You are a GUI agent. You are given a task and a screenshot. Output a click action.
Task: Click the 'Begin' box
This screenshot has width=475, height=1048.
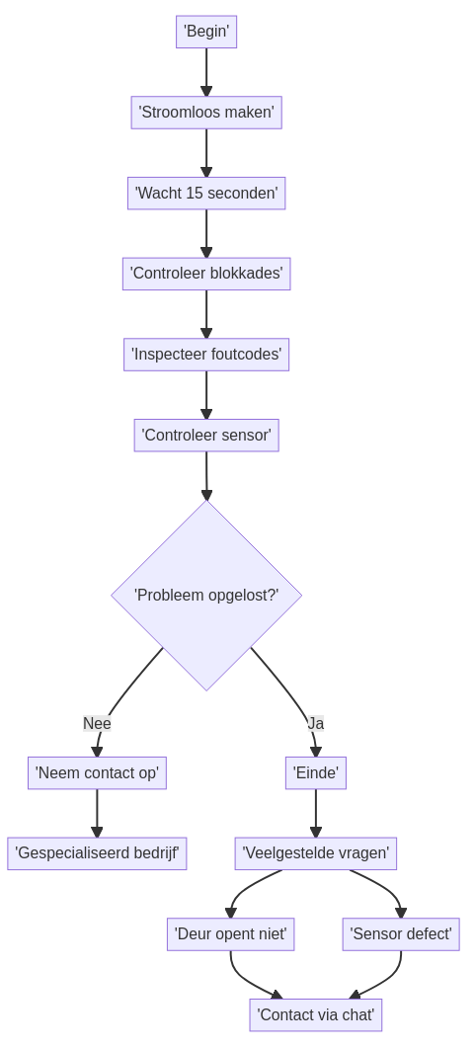pyautogui.click(x=206, y=32)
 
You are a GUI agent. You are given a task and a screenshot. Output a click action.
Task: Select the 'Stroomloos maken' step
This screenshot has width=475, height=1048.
pyautogui.click(x=206, y=113)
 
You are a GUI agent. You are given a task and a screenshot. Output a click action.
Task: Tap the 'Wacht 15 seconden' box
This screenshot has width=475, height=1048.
pyautogui.click(x=206, y=194)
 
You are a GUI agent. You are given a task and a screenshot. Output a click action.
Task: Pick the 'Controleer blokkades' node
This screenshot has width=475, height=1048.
pyautogui.click(x=206, y=274)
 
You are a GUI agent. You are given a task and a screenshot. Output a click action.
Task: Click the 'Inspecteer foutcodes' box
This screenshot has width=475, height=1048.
pyautogui.click(x=206, y=355)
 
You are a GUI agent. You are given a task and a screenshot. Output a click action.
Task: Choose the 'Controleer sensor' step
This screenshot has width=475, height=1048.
pyautogui.click(x=206, y=436)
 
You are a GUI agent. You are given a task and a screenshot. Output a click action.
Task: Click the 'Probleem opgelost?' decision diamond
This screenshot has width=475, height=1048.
pyautogui.click(x=206, y=595)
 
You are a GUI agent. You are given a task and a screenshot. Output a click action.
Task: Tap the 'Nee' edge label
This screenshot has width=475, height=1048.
pyautogui.click(x=97, y=723)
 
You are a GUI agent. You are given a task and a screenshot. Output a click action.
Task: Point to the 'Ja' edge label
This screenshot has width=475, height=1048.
pyautogui.click(x=316, y=723)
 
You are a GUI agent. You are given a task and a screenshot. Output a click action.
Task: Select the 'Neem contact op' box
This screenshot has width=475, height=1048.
pyautogui.click(x=97, y=773)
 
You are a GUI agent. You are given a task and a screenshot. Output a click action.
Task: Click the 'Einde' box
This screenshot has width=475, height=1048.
pyautogui.click(x=316, y=773)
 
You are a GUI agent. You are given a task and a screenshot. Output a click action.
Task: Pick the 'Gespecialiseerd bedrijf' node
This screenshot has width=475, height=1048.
pyautogui.click(x=97, y=853)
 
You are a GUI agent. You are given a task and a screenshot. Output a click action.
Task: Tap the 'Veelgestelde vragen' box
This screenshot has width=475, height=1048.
pyautogui.click(x=316, y=853)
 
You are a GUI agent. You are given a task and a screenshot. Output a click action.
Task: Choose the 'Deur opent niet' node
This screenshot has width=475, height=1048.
pyautogui.click(x=230, y=934)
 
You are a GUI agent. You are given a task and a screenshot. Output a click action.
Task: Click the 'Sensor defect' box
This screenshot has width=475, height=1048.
pyautogui.click(x=401, y=934)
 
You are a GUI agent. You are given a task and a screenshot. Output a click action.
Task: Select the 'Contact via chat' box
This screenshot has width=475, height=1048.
pyautogui.click(x=316, y=1015)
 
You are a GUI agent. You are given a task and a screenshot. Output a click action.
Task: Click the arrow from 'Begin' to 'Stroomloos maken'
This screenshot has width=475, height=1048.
pyautogui.click(x=206, y=72)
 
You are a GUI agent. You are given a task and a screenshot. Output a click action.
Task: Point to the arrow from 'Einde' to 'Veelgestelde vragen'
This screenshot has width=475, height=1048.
pyautogui.click(x=316, y=813)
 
